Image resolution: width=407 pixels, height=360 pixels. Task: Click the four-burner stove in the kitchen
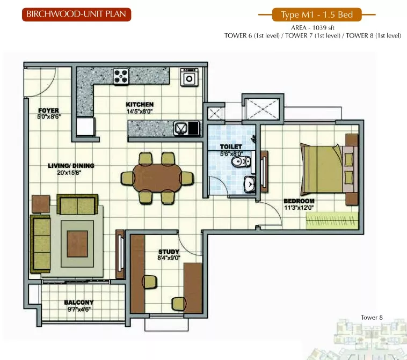pyautogui.click(x=121, y=77)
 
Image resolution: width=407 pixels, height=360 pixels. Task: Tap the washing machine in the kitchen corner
pyautogui.click(x=189, y=77)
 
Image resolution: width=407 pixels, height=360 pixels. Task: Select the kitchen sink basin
pyautogui.click(x=180, y=129)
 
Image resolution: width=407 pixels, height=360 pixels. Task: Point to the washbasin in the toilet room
pyautogui.click(x=249, y=185)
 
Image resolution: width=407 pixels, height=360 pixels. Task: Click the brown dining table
pyautogui.click(x=157, y=178)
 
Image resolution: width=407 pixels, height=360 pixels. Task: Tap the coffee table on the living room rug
pyautogui.click(x=77, y=244)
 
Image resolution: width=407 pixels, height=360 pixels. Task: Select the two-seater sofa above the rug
pyautogui.click(x=77, y=204)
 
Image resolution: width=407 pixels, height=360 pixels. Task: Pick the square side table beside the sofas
pyautogui.click(x=41, y=204)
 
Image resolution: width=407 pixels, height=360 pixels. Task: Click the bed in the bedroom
pyautogui.click(x=329, y=170)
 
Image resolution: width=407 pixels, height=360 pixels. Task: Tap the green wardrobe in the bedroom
pyautogui.click(x=332, y=221)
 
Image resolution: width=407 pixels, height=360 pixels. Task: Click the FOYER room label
pyautogui.click(x=48, y=111)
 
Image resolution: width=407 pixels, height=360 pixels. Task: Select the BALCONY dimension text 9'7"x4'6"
pyautogui.click(x=78, y=310)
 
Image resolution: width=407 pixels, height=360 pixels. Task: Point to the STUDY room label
pyautogui.click(x=169, y=252)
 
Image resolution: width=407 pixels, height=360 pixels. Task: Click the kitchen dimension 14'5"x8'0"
pyautogui.click(x=140, y=112)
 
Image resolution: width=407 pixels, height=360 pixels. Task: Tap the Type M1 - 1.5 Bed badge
pyautogui.click(x=317, y=14)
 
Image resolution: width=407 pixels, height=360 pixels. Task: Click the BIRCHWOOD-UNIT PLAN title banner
pyautogui.click(x=77, y=14)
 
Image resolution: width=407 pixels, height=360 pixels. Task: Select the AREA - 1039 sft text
pyautogui.click(x=312, y=28)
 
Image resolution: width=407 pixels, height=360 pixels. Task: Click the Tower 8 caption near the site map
pyautogui.click(x=372, y=318)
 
